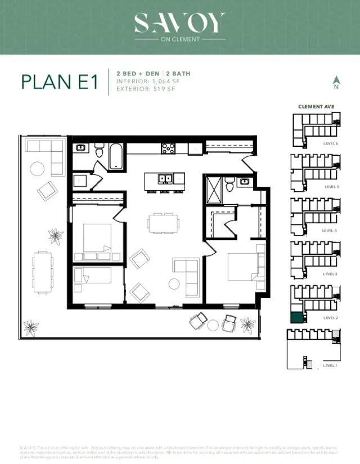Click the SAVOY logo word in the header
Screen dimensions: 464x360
tap(179, 23)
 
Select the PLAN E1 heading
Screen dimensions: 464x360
tap(60, 82)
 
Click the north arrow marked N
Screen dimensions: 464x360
tap(336, 83)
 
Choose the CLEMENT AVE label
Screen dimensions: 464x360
tap(317, 106)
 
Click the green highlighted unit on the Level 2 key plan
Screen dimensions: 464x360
tap(296, 316)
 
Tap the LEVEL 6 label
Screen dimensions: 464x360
tap(330, 143)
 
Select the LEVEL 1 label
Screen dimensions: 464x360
tap(330, 366)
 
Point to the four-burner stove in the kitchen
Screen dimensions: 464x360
tap(168, 148)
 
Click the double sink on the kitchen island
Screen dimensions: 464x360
tap(165, 179)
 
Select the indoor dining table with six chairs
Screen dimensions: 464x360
tap(164, 223)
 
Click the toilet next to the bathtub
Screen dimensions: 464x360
tap(100, 150)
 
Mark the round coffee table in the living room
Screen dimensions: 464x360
tap(175, 284)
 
